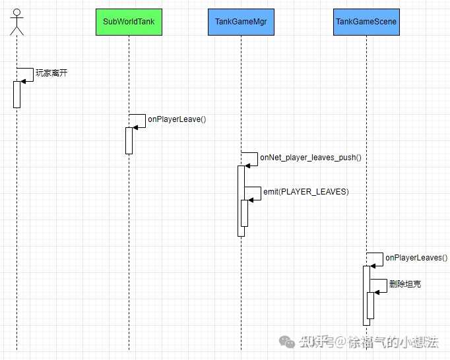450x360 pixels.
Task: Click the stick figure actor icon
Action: tap(17, 22)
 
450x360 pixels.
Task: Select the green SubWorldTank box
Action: tap(129, 22)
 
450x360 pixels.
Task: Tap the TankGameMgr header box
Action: tap(241, 22)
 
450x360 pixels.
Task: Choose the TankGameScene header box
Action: tap(366, 22)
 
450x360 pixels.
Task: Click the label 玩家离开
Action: tap(51, 73)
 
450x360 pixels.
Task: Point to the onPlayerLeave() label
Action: tap(177, 119)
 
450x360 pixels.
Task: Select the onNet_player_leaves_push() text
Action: tap(311, 158)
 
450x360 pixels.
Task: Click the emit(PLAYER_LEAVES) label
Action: tap(306, 192)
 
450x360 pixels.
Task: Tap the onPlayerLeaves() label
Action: tap(416, 258)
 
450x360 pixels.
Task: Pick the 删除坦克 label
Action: tap(405, 284)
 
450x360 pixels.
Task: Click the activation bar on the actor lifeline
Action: tap(17, 95)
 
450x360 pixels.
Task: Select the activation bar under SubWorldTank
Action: tap(129, 141)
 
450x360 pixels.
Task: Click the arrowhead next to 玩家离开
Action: tap(23, 82)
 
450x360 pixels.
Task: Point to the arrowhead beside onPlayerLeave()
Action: tap(135, 127)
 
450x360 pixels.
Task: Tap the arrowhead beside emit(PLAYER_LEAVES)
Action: tap(251, 200)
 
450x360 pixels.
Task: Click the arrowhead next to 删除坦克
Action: tap(377, 292)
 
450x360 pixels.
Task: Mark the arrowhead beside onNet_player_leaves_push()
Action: tap(247, 165)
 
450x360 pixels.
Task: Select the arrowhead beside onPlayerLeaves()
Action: tap(373, 266)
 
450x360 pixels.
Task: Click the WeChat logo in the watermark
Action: tap(287, 342)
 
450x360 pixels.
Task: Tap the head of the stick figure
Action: tap(17, 13)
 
